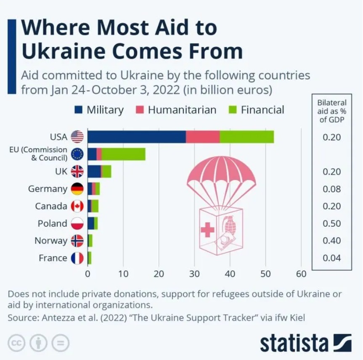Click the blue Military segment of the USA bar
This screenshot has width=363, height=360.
[x=137, y=137]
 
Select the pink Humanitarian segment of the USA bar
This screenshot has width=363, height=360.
[x=202, y=137]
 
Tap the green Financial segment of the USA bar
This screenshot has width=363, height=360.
[x=246, y=137]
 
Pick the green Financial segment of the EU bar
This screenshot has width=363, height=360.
[x=123, y=154]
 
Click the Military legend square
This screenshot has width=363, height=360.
[x=78, y=110]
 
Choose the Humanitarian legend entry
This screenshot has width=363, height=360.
[x=177, y=110]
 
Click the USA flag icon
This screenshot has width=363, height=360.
[x=77, y=137]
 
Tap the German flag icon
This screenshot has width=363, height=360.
[x=77, y=189]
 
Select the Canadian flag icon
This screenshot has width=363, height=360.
[x=77, y=206]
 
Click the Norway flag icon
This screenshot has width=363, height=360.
[x=77, y=241]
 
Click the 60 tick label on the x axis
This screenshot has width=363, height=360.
[x=301, y=274]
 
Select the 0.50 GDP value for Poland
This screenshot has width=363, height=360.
[x=332, y=223]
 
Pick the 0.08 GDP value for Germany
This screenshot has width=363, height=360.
[x=332, y=189]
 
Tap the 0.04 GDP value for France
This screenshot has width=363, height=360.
[x=332, y=258]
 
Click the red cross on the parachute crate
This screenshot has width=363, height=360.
[x=207, y=230]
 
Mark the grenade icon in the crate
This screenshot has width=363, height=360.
[x=230, y=225]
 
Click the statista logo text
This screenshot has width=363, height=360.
[x=294, y=342]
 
